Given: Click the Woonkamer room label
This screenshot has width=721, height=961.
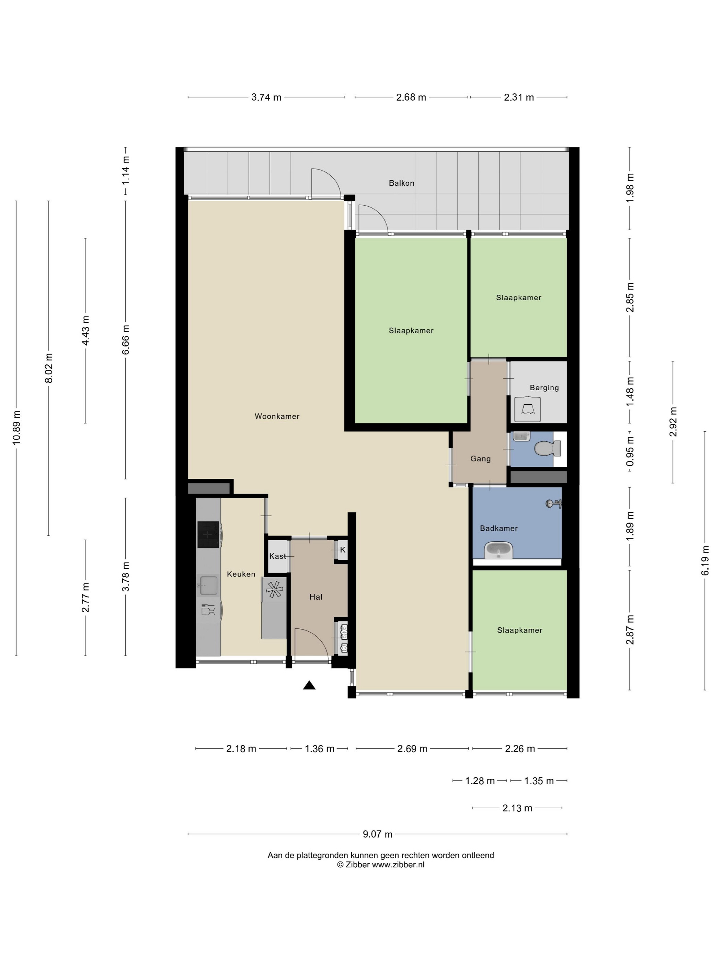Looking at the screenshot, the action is (x=277, y=416).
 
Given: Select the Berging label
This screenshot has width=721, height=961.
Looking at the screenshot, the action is (x=544, y=388).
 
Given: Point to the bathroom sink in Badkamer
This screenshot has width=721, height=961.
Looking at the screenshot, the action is (x=499, y=551).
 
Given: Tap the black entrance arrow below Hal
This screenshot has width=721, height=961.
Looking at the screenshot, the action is (x=309, y=685).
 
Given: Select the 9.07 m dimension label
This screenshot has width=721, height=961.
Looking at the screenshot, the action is (x=377, y=834).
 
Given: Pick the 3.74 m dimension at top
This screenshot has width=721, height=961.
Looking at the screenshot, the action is (x=266, y=97).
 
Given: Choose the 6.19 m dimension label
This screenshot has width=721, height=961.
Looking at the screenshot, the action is (x=705, y=560).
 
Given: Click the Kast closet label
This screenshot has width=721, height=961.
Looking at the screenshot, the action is (x=277, y=556).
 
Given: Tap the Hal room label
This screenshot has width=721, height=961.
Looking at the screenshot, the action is (x=316, y=597).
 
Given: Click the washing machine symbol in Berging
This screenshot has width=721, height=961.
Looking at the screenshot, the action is (x=527, y=409).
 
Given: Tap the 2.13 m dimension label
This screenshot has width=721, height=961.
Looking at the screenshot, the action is (x=517, y=808).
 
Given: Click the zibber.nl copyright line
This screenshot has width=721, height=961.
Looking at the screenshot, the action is (x=381, y=865).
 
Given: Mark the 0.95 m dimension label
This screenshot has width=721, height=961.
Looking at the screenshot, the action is (x=630, y=451).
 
